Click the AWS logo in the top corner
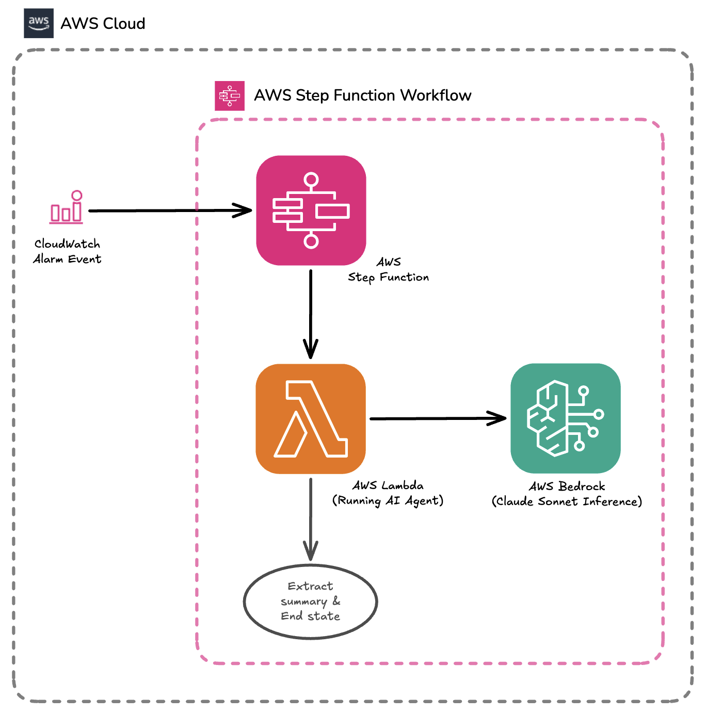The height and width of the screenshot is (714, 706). click(x=39, y=23)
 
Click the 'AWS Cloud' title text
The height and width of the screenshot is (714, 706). click(x=103, y=24)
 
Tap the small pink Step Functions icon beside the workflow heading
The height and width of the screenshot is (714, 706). click(x=230, y=96)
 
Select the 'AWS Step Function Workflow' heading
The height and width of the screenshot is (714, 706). click(x=362, y=95)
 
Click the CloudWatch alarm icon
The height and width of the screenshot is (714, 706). click(x=67, y=207)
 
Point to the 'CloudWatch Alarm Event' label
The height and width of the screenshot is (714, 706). click(x=67, y=251)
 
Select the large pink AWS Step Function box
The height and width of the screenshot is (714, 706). click(x=311, y=210)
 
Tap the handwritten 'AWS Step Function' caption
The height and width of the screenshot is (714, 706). click(x=388, y=270)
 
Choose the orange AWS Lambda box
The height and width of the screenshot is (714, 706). click(x=311, y=419)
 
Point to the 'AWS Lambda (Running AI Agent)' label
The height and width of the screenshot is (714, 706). click(x=388, y=493)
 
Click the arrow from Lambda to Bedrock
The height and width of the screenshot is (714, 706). click(x=434, y=418)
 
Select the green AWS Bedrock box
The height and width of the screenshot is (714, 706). click(x=566, y=418)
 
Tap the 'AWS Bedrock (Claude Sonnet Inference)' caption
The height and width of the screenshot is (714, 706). click(x=567, y=494)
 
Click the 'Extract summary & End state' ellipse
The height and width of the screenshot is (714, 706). click(x=311, y=602)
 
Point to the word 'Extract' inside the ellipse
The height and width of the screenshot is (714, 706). click(x=310, y=587)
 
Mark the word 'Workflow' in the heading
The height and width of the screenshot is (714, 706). click(x=436, y=95)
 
